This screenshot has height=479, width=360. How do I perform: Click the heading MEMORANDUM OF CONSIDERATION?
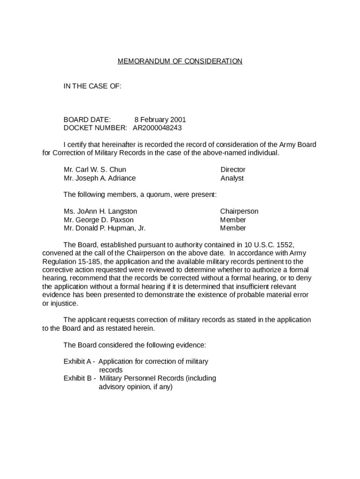click(180, 61)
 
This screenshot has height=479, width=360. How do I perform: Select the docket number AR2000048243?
click(157, 128)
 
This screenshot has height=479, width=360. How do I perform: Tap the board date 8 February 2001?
click(160, 120)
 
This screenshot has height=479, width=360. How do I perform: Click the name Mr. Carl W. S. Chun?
click(95, 169)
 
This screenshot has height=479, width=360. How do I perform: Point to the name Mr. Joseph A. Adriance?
click(100, 178)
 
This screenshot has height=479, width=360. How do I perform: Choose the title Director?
click(233, 169)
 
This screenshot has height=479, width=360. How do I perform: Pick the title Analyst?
click(232, 178)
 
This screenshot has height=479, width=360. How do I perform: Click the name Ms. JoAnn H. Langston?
click(101, 211)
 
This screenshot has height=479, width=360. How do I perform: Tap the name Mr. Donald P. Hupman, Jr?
click(105, 228)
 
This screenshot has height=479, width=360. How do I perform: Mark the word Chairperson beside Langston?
click(239, 211)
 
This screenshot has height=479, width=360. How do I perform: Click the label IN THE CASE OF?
click(93, 86)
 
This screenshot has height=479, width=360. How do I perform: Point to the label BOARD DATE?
click(87, 120)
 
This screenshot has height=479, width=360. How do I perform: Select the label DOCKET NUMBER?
click(95, 128)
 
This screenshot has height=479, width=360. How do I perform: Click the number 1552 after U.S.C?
click(285, 245)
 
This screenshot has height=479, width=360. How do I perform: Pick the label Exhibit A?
click(78, 362)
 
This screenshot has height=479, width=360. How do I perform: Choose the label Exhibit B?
click(78, 378)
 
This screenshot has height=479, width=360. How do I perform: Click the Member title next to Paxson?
click(233, 220)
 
